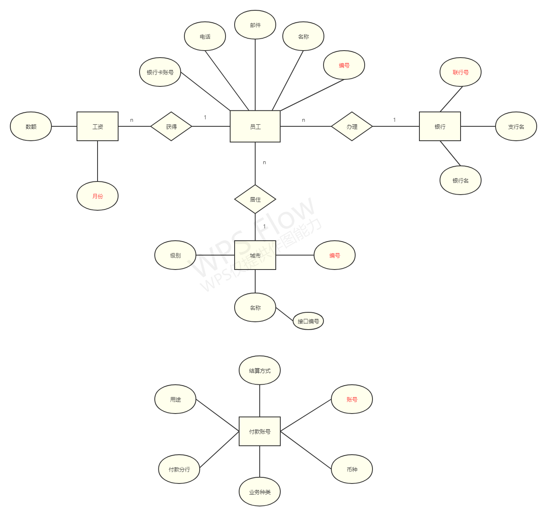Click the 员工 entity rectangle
pos(255,126)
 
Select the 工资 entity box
pos(98,126)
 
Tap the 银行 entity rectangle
pos(440,126)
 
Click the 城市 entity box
pos(255,255)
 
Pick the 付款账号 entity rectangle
pos(260,431)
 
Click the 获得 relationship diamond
pos(171,126)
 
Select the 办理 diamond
pos(352,126)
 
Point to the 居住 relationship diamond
pos(255,199)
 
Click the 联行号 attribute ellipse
pos(461,72)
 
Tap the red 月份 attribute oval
pos(98,196)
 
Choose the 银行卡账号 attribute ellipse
pos(160,72)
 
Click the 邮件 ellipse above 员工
pos(255,25)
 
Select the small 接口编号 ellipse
pos(308,321)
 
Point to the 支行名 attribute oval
pos(516,126)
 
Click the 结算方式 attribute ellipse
pos(260,370)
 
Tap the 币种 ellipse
pos(352,469)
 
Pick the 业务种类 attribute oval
pos(260,492)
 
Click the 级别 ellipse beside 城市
pos(175,255)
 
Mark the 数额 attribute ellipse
pos(31,126)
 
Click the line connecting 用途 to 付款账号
pos(217,415)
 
